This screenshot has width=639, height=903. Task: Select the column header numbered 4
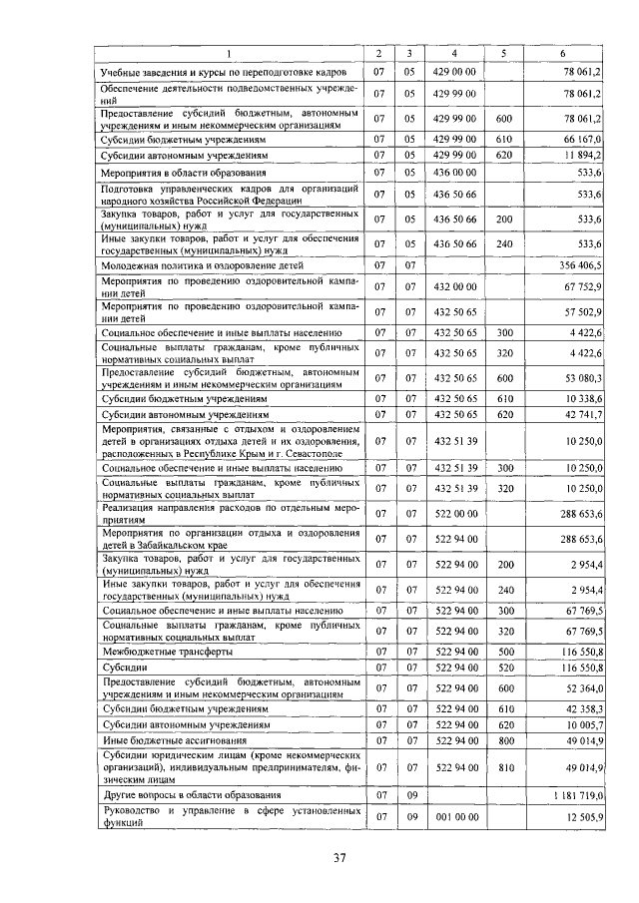[x=454, y=53]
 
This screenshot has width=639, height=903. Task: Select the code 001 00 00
[x=454, y=817]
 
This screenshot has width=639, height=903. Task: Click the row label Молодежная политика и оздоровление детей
[x=206, y=267]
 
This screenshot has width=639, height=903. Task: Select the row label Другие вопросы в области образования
[x=195, y=795]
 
